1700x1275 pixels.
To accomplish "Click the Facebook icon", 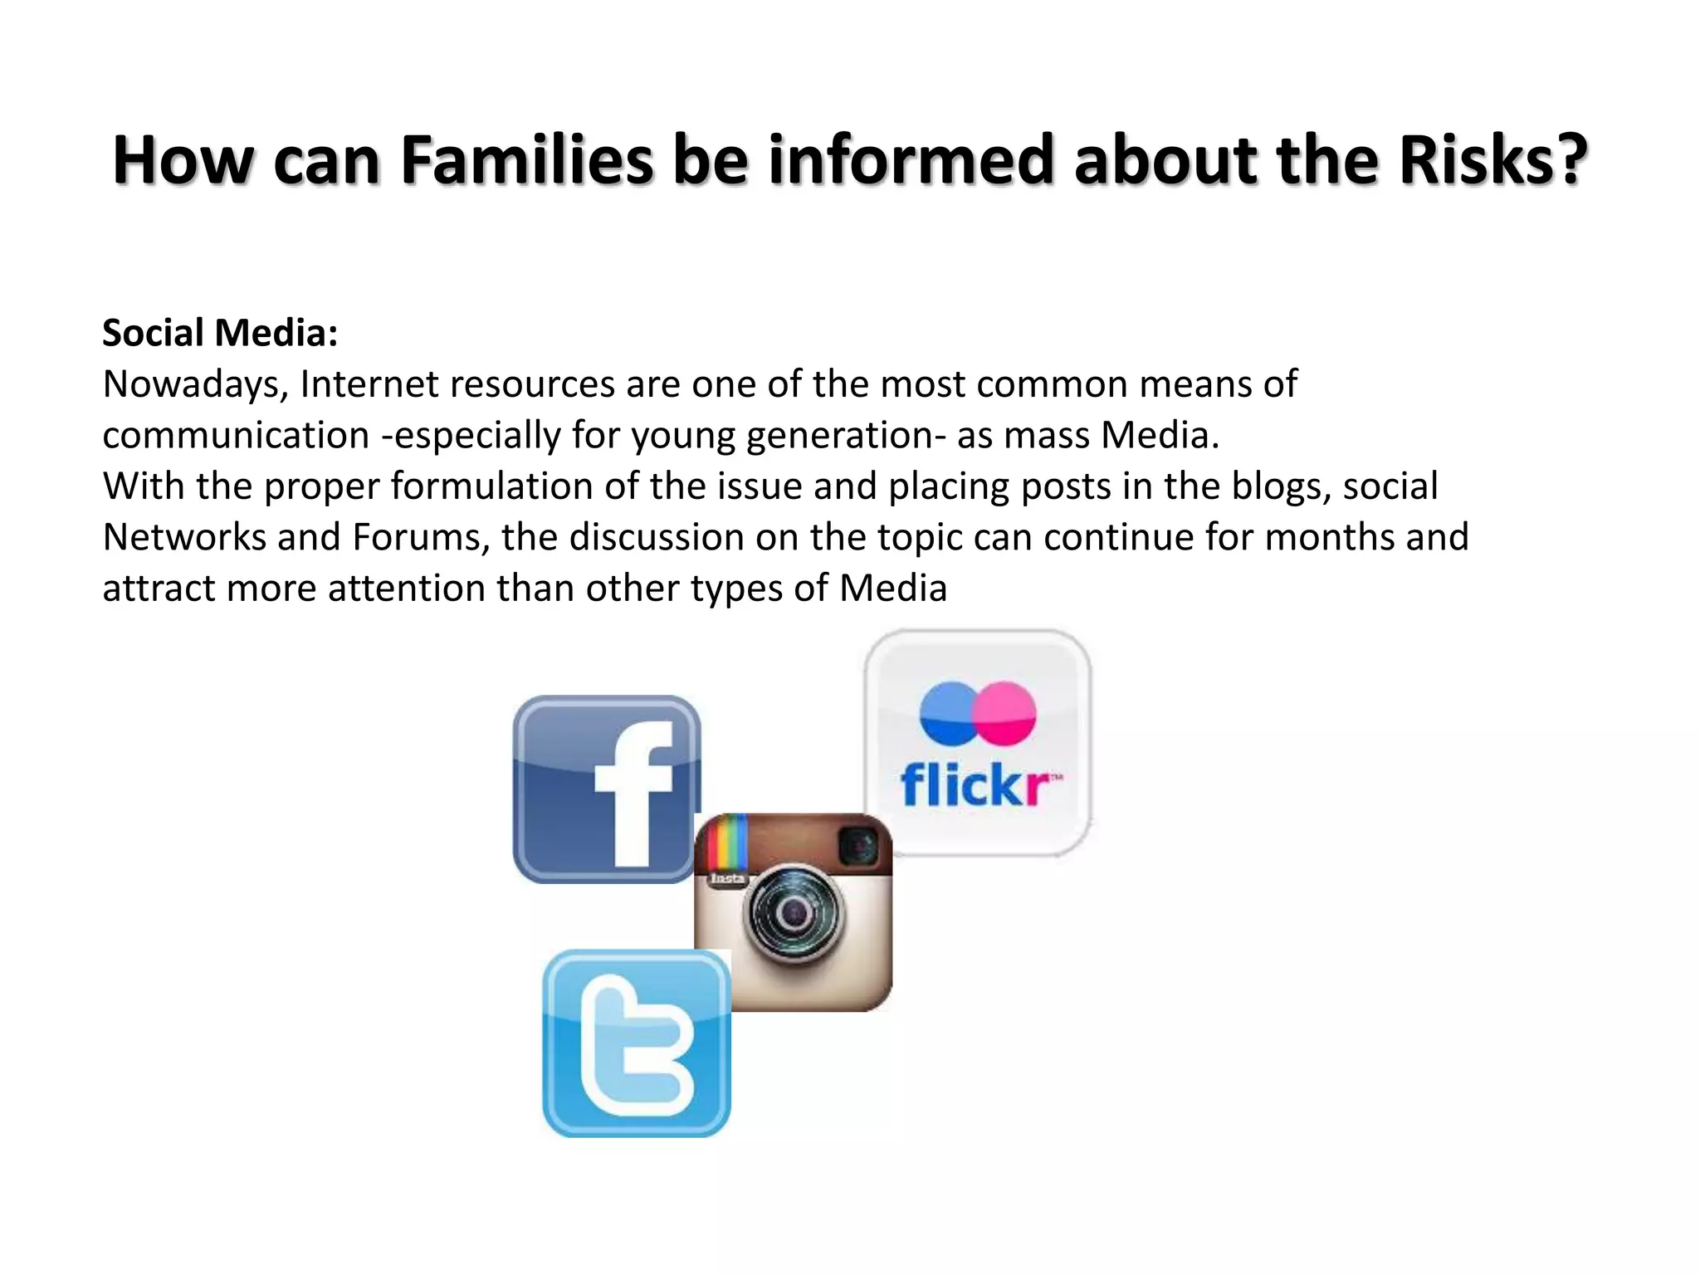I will [x=606, y=789].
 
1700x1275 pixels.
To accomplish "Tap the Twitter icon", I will [x=637, y=1044].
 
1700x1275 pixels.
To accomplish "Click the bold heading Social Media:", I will [x=220, y=333].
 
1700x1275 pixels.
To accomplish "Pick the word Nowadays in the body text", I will [x=196, y=384].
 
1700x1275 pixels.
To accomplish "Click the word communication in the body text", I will [x=236, y=436].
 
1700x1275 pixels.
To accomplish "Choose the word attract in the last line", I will [x=159, y=589].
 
